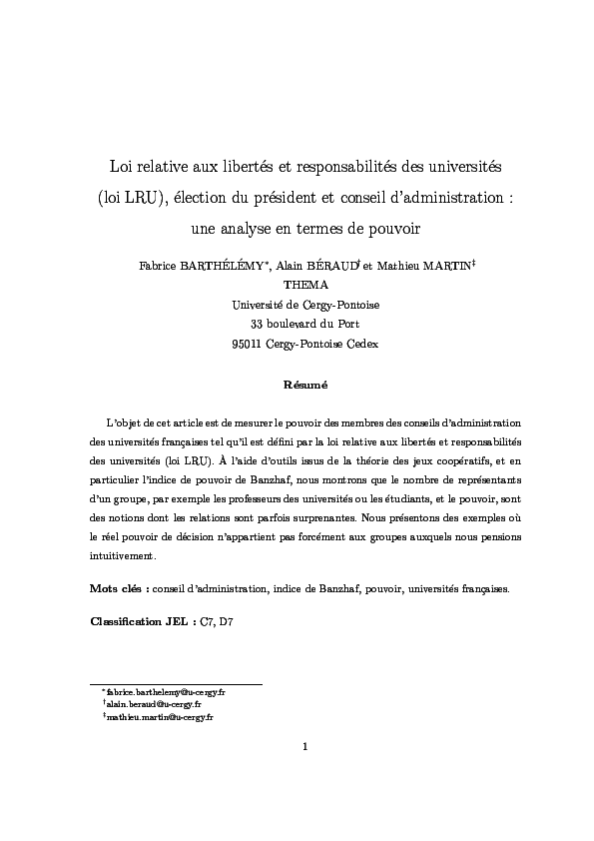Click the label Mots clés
point(117,588)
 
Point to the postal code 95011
point(246,343)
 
